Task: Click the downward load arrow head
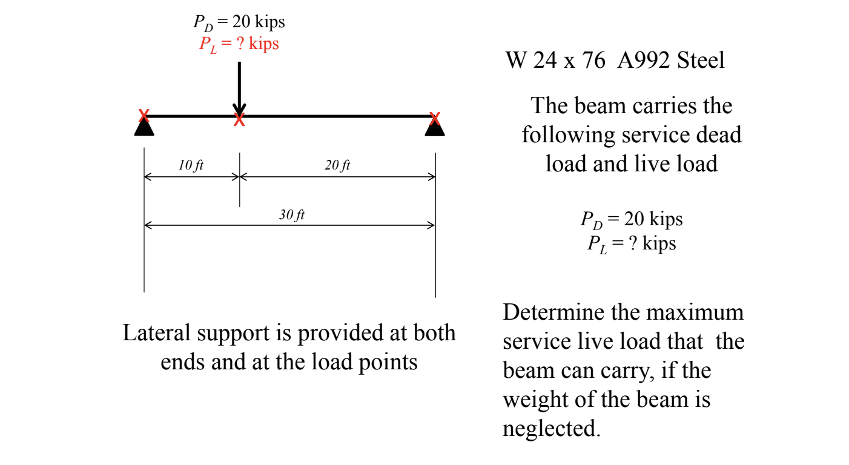coord(239,109)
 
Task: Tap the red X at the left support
coord(144,115)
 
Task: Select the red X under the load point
coord(239,120)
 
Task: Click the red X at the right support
coord(434,118)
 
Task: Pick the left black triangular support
coord(144,128)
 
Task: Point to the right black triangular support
coord(435,129)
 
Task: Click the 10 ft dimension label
coord(191,165)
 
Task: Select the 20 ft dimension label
coord(337,165)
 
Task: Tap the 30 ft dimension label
coord(291,215)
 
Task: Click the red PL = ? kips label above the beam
coord(239,44)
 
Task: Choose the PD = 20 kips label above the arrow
coord(239,22)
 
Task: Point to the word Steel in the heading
coord(701,61)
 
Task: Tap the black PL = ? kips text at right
coord(632,243)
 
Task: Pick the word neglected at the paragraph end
coord(552,429)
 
